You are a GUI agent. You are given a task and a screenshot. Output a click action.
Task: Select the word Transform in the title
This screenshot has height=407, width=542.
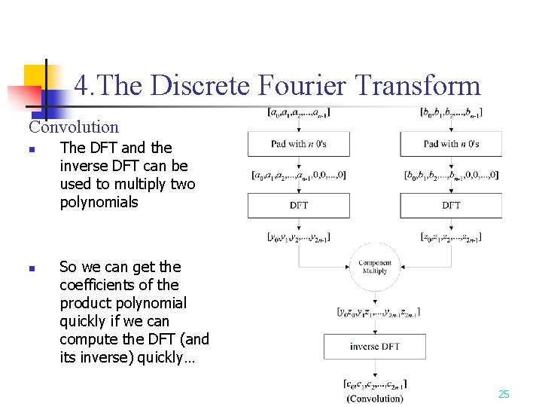419,86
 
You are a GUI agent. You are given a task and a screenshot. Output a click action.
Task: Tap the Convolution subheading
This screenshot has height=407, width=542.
74,127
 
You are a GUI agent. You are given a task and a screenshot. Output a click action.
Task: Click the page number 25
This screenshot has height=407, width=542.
504,394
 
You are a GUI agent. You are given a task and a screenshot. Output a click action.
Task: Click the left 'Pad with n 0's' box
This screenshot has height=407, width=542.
299,144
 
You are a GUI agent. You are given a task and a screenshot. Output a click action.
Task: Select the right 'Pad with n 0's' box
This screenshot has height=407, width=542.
451,144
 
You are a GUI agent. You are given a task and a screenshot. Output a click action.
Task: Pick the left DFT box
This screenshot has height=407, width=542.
299,205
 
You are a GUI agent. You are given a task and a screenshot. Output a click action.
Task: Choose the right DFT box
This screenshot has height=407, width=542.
451,205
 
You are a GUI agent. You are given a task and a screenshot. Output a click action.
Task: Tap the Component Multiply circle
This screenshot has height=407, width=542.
374,267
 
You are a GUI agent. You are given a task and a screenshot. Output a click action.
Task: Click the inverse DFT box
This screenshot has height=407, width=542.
374,347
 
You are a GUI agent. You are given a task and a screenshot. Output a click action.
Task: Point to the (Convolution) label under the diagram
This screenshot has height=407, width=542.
374,398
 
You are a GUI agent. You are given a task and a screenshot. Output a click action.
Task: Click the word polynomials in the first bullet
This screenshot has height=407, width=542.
99,202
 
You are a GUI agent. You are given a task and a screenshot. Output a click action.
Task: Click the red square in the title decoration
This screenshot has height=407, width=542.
23,98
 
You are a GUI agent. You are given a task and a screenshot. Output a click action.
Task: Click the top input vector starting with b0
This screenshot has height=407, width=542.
451,114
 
